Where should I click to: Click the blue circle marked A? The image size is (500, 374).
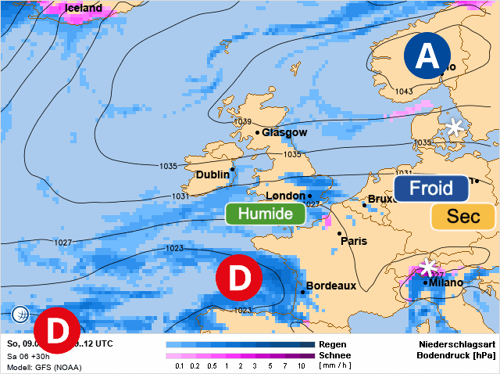point(427,56)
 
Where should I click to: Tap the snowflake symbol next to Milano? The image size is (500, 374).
point(427,268)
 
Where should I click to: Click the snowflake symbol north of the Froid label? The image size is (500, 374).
point(455,126)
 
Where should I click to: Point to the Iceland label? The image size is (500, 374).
point(84,9)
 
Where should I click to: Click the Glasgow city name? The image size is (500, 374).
point(284,133)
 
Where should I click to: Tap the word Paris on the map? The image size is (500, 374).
point(353,241)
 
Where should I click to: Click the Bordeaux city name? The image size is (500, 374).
point(330,286)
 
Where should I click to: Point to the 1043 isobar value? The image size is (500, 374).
point(404,92)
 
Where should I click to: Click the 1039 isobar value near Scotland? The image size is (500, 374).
point(243,121)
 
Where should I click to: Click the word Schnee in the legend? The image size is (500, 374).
point(335,354)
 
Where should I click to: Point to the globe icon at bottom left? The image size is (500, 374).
point(21,315)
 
